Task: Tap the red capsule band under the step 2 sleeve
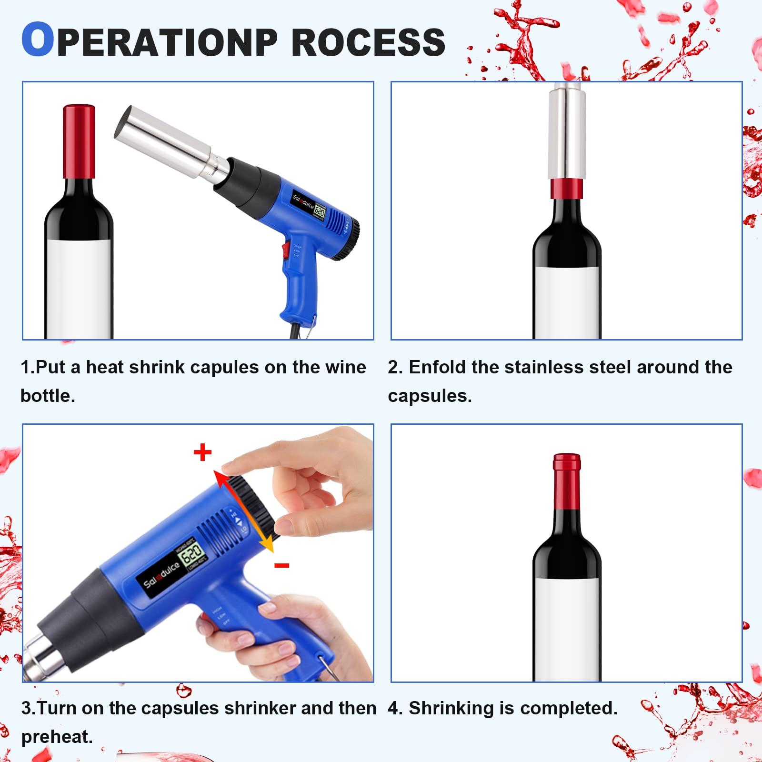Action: tap(567, 189)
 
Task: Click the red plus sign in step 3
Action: tap(202, 452)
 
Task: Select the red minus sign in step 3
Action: tap(281, 565)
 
